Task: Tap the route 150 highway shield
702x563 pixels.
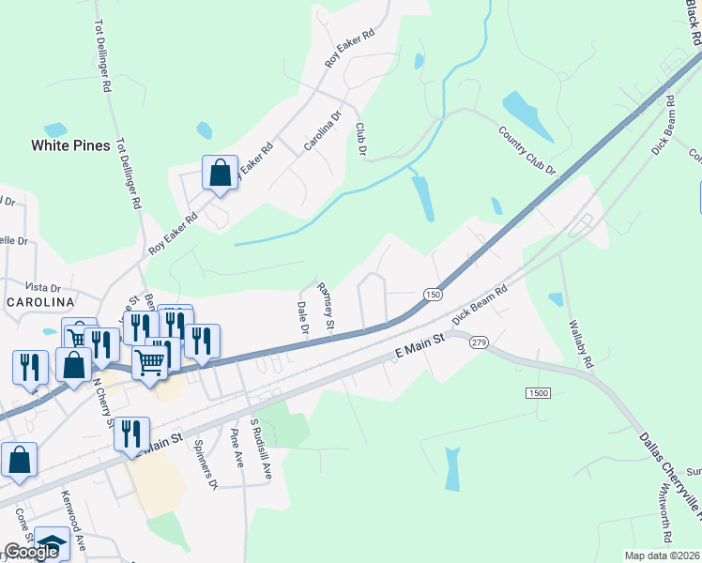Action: click(x=432, y=295)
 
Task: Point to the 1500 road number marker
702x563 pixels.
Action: click(x=540, y=393)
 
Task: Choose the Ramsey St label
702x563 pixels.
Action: click(x=326, y=309)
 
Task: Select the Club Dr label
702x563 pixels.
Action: click(x=360, y=139)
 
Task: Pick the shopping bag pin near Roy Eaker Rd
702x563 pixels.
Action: click(x=220, y=174)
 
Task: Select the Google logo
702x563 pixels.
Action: click(x=31, y=552)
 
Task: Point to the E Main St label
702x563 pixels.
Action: click(x=419, y=351)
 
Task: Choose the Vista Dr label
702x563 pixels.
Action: click(x=42, y=287)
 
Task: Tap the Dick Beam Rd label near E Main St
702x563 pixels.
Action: click(x=480, y=305)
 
